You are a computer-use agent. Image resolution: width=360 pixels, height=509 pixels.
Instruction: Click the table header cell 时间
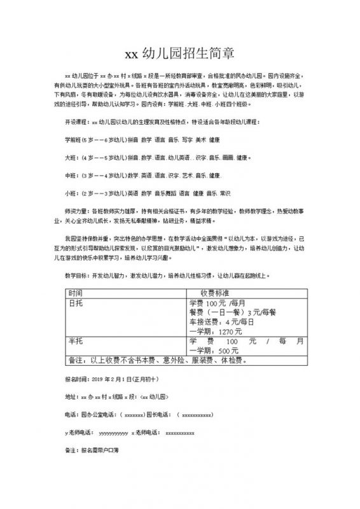(75, 292)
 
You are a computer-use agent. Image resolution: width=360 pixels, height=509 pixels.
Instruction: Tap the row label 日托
(75, 303)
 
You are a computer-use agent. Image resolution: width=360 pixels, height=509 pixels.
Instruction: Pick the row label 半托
(75, 342)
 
